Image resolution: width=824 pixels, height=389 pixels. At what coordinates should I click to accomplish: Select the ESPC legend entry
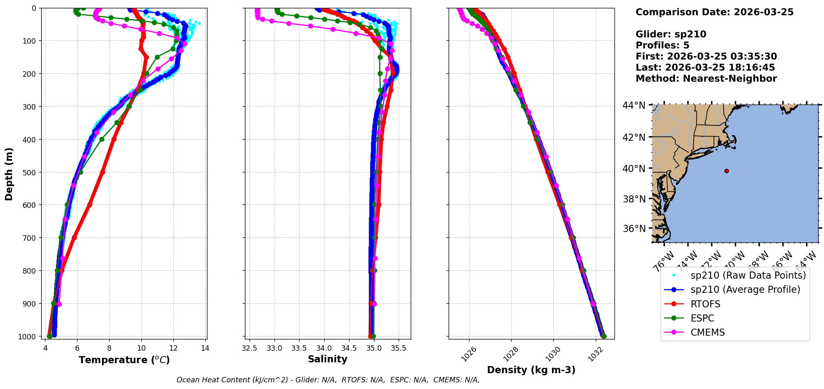(x=702, y=318)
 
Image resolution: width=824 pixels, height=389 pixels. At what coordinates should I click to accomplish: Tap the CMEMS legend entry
(x=707, y=332)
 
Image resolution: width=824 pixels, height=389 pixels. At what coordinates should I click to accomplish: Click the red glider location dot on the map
(x=727, y=171)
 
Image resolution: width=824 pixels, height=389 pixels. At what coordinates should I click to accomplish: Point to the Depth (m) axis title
(x=9, y=174)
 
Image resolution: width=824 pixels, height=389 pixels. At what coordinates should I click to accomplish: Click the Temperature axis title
(x=124, y=360)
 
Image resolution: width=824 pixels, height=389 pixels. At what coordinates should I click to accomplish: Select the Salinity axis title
(x=327, y=359)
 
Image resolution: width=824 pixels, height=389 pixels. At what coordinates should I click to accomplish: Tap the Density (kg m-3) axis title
(x=531, y=370)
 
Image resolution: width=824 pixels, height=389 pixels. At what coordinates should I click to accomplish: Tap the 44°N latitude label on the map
(x=634, y=105)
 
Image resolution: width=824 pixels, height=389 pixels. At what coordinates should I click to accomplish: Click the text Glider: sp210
(x=671, y=34)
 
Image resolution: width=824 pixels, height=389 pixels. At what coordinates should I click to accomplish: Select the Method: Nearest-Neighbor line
(x=706, y=78)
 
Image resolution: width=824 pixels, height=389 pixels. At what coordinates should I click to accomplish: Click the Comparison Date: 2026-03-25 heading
(x=714, y=12)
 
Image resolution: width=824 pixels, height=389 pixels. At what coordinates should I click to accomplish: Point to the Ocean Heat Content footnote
(x=328, y=380)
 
